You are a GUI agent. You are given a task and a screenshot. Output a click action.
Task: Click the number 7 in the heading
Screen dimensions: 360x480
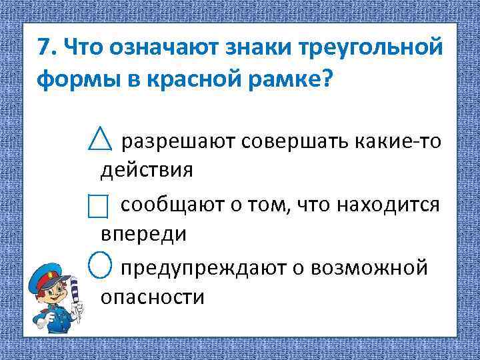pos(43,48)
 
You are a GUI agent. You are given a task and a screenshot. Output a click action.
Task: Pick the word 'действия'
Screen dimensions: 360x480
pos(146,170)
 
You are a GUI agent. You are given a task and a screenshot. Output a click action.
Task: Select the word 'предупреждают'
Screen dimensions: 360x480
pos(201,268)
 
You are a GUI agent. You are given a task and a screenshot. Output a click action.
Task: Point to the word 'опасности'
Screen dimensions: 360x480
pos(152,297)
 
